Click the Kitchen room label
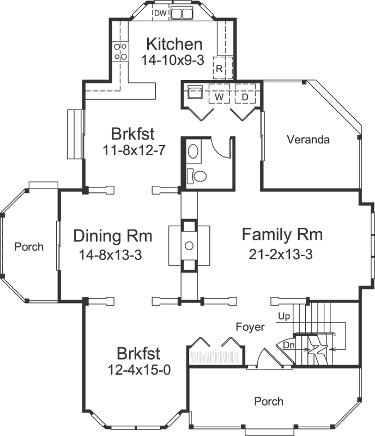174,44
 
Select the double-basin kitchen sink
182,14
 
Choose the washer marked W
220,96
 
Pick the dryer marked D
245,96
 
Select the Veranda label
309,140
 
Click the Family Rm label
282,235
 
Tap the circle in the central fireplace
189,246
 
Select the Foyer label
250,327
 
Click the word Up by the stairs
284,316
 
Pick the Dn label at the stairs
289,344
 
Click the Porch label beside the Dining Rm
29,247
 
